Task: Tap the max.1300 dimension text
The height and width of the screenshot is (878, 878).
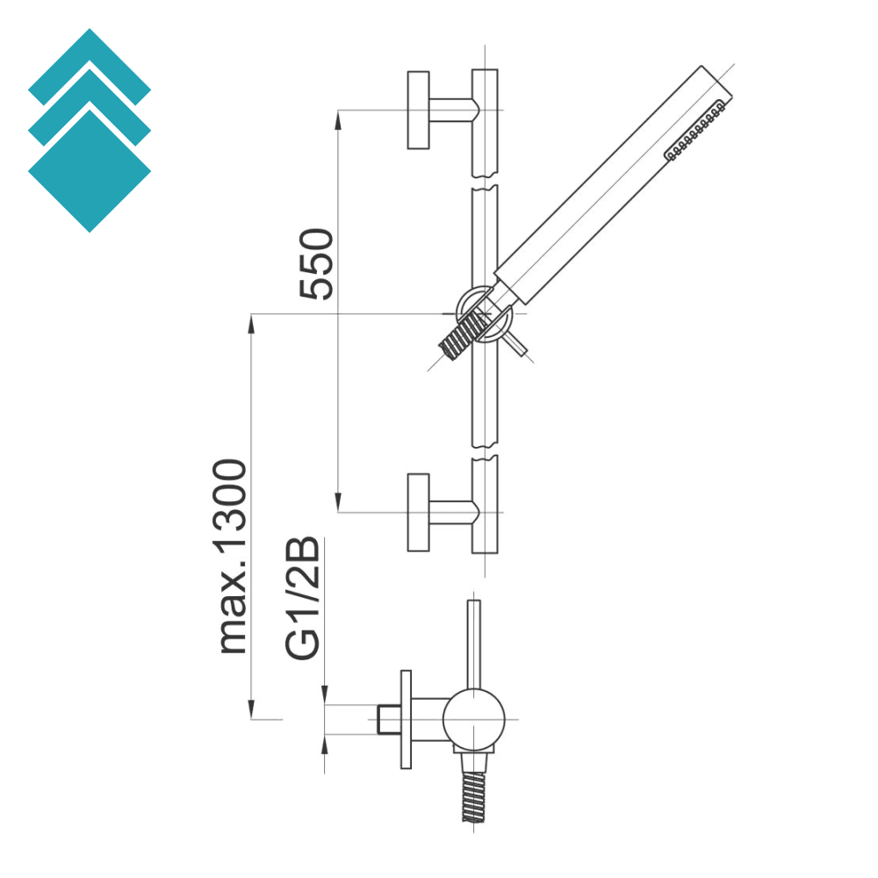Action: pyautogui.click(x=234, y=555)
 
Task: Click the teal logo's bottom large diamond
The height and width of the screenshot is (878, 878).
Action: pyautogui.click(x=90, y=171)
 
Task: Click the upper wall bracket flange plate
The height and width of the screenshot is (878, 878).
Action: pyautogui.click(x=418, y=110)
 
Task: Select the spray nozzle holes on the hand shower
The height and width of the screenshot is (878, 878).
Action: pyautogui.click(x=696, y=132)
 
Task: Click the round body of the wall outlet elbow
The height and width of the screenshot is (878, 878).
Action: pyautogui.click(x=474, y=719)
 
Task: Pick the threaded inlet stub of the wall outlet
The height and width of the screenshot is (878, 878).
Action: pyautogui.click(x=385, y=718)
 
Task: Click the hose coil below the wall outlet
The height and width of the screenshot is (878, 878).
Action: pyautogui.click(x=474, y=795)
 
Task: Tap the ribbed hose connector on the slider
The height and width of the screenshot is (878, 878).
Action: pyautogui.click(x=463, y=332)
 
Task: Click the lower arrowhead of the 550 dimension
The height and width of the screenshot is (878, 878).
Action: pyautogui.click(x=338, y=501)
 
